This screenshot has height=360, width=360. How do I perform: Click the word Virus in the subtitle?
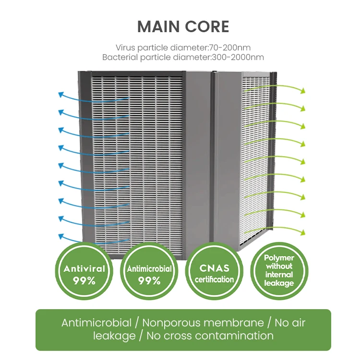[125, 48]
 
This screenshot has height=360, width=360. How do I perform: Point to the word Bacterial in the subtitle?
[120, 57]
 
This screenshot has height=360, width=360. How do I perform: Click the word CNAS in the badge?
[214, 268]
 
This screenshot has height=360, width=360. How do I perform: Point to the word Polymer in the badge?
[279, 258]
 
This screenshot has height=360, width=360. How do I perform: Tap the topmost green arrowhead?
[303, 90]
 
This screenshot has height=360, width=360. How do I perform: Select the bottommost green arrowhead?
[303, 231]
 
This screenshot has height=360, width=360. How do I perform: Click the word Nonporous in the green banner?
[168, 323]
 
